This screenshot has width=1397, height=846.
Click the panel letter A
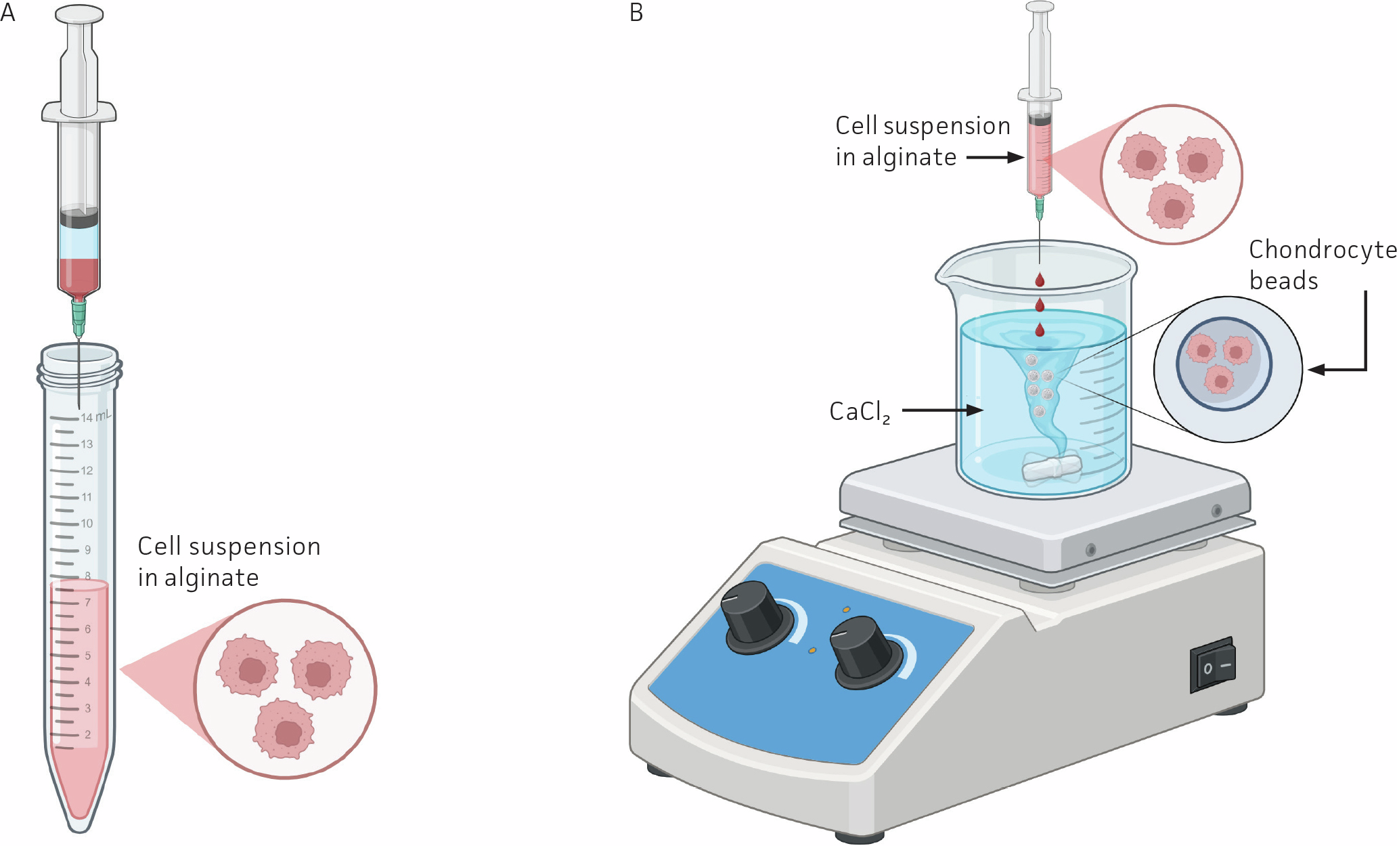point(7,12)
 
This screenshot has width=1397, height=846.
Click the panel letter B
point(636,12)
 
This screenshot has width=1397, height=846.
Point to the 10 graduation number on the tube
point(87,523)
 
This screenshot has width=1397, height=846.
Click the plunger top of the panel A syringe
point(79,14)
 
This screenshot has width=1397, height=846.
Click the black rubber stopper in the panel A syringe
point(79,218)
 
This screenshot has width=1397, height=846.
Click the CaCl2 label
point(859,412)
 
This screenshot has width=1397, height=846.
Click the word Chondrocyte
point(1322,250)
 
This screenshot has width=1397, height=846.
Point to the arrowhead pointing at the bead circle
point(1316,370)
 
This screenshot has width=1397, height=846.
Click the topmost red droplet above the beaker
point(1040,280)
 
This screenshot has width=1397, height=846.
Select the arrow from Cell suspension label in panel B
point(995,157)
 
